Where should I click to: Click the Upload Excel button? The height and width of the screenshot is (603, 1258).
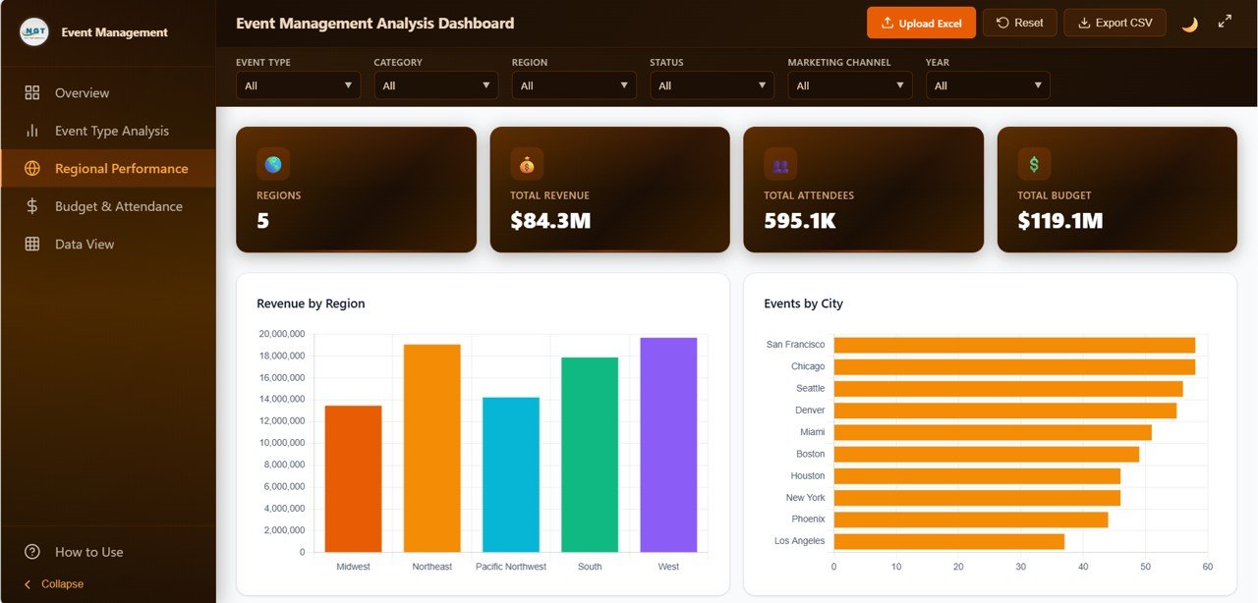(921, 23)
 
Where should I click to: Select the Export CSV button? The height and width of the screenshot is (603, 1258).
(1115, 23)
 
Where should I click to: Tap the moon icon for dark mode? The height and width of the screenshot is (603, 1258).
(1189, 24)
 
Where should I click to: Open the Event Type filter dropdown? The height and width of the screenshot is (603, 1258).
(298, 85)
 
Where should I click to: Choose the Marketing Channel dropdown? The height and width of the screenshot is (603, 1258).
(849, 85)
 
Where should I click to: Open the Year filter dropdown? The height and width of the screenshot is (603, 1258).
(987, 85)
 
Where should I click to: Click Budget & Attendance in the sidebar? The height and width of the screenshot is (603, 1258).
(118, 206)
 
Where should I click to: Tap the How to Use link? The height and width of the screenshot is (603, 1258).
(88, 552)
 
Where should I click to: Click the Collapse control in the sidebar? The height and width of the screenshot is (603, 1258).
(61, 584)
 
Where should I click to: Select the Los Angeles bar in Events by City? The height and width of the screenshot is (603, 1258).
(948, 541)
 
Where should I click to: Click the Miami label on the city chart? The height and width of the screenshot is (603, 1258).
(812, 432)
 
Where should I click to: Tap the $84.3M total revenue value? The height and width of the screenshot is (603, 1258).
(550, 221)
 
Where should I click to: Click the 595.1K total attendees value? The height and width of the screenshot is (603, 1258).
(799, 221)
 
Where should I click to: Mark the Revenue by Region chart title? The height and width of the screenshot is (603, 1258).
(311, 303)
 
